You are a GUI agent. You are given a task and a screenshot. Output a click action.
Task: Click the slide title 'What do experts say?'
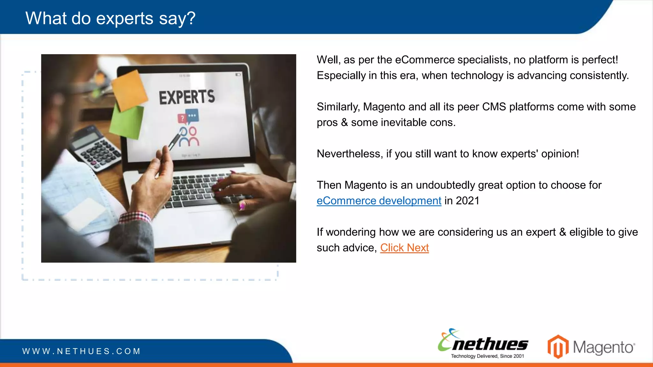click(x=110, y=18)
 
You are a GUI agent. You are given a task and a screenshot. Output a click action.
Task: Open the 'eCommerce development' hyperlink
click(x=379, y=201)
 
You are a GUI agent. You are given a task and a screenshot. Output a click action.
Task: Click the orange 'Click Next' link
click(x=404, y=248)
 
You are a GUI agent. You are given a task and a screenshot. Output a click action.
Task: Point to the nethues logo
click(x=483, y=343)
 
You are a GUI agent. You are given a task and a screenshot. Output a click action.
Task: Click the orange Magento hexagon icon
click(x=558, y=347)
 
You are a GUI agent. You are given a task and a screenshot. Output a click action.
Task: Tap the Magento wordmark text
click(x=604, y=347)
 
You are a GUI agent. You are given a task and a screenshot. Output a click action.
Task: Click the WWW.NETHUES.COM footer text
click(x=81, y=351)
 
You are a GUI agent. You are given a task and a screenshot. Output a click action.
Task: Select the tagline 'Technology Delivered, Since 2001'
click(x=487, y=356)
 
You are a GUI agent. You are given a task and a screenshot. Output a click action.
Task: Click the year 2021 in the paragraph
click(x=467, y=201)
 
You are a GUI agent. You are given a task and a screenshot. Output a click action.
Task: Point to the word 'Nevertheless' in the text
click(x=349, y=154)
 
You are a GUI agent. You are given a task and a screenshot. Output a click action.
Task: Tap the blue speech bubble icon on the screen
click(x=193, y=116)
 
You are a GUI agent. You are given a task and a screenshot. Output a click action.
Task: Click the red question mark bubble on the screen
click(x=182, y=119)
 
